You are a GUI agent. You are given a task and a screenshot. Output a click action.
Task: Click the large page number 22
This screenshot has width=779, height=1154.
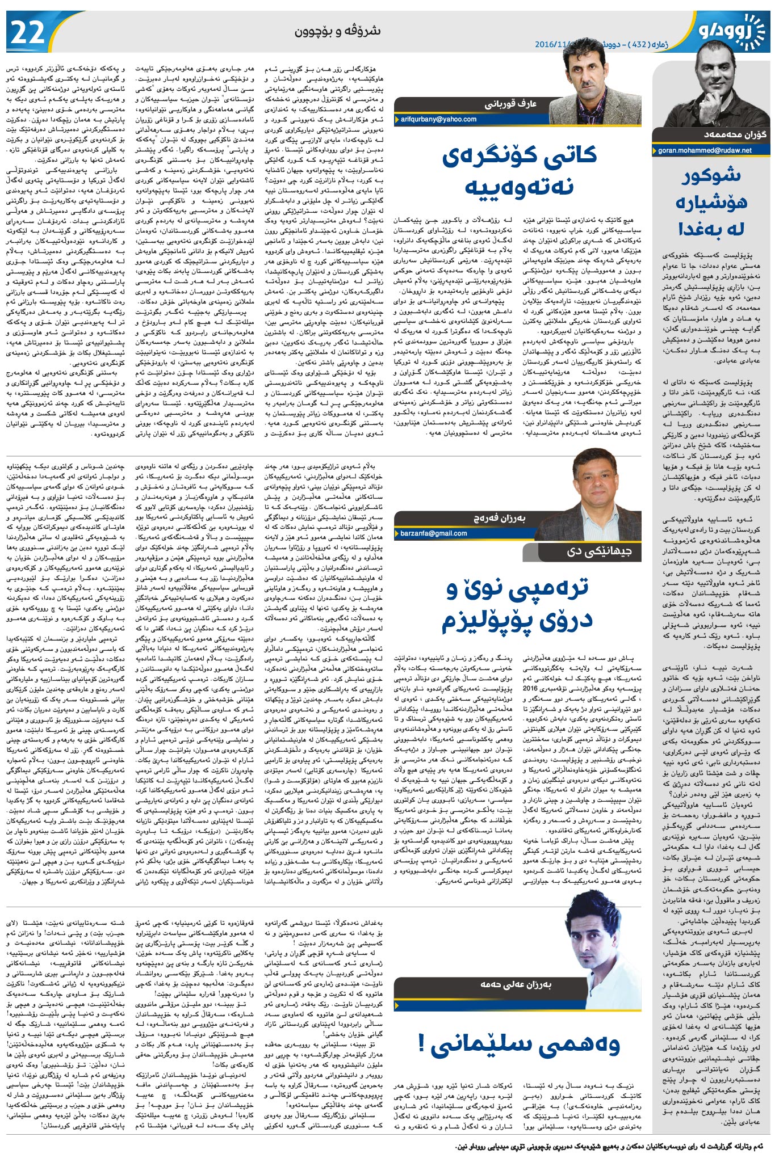click(28, 32)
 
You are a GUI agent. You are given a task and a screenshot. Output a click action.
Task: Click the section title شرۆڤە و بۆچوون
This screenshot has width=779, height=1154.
click(337, 31)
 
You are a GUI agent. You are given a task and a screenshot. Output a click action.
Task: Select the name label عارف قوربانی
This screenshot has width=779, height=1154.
click(510, 104)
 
